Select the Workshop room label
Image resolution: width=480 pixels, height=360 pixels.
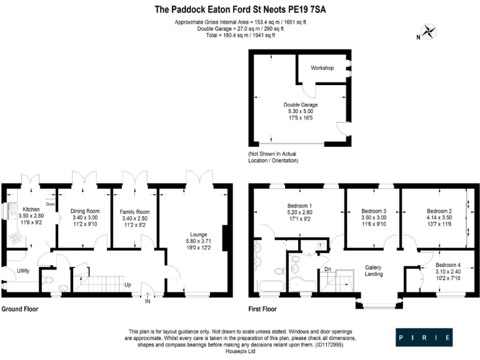322,67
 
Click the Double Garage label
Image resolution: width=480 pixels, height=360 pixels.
301,105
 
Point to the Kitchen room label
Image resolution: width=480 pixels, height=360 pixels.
31,209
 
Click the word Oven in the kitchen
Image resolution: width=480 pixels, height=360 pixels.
51,204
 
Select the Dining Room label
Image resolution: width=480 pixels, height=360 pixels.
84,211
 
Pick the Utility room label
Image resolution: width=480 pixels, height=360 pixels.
24,271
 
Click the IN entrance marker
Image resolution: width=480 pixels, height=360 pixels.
147,301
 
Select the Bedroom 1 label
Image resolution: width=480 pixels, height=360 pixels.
299,206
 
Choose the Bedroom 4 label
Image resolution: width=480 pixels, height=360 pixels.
447,265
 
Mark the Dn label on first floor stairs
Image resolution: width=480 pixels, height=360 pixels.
326,269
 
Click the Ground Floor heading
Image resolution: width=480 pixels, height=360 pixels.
20,309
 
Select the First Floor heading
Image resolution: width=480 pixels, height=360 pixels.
262,309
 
